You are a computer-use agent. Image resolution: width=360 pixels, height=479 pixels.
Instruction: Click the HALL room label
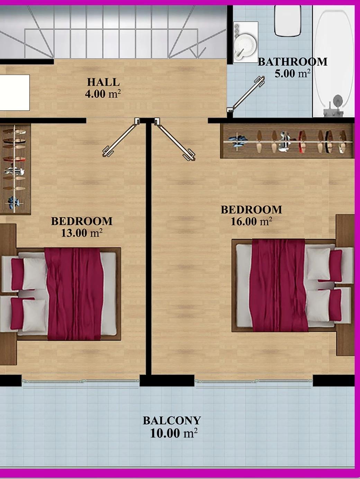tap(103, 82)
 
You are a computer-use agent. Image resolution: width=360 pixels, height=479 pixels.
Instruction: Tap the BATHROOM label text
tap(292, 62)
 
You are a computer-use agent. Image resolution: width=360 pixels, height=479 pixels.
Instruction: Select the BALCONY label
tap(172, 420)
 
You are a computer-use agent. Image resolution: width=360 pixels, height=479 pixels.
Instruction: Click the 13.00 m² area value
tap(82, 233)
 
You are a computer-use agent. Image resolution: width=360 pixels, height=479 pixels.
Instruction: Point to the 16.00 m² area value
tap(251, 221)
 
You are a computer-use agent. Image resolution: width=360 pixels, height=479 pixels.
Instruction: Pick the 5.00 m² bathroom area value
tap(292, 73)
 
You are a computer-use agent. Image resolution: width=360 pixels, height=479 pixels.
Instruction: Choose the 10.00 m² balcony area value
tap(174, 433)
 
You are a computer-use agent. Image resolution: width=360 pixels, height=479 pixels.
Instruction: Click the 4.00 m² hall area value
tap(103, 94)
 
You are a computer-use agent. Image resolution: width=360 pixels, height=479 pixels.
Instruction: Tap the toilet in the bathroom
tap(288, 21)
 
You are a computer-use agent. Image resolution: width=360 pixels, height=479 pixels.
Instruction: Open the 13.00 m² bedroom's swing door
tap(120, 138)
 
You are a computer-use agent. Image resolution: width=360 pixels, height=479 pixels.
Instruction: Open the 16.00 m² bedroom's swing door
tap(174, 139)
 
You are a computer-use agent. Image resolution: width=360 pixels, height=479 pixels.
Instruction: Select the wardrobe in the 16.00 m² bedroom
tap(287, 141)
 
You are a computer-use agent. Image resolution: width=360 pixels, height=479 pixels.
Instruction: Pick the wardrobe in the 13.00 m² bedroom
tap(15, 169)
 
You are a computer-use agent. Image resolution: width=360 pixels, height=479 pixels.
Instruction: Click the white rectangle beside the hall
tap(15, 92)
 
